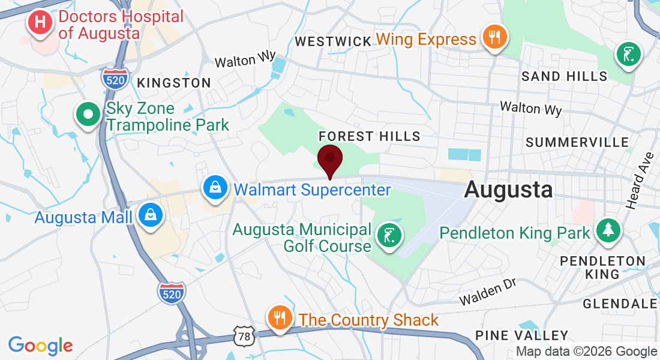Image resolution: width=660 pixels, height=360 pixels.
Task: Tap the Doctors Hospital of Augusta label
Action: tap(120, 25)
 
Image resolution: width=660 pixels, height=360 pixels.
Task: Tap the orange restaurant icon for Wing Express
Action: tap(494, 38)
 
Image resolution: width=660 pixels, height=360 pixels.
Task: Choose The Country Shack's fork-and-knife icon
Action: tap(279, 317)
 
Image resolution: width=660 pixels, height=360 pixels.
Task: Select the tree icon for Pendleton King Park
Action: tap(608, 230)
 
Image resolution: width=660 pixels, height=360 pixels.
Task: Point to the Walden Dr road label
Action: tap(488, 292)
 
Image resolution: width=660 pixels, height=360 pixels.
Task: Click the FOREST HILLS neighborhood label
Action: tap(369, 136)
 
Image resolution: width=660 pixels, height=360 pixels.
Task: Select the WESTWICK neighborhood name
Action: tap(333, 41)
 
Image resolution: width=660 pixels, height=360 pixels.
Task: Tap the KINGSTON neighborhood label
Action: tap(174, 83)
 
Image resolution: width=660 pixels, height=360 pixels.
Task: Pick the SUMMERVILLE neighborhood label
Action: tap(577, 142)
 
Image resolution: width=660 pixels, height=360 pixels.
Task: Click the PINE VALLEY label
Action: tap(521, 335)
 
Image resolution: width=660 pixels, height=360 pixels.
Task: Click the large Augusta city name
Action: tap(508, 190)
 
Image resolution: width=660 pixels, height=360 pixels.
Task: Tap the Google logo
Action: tap(40, 346)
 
